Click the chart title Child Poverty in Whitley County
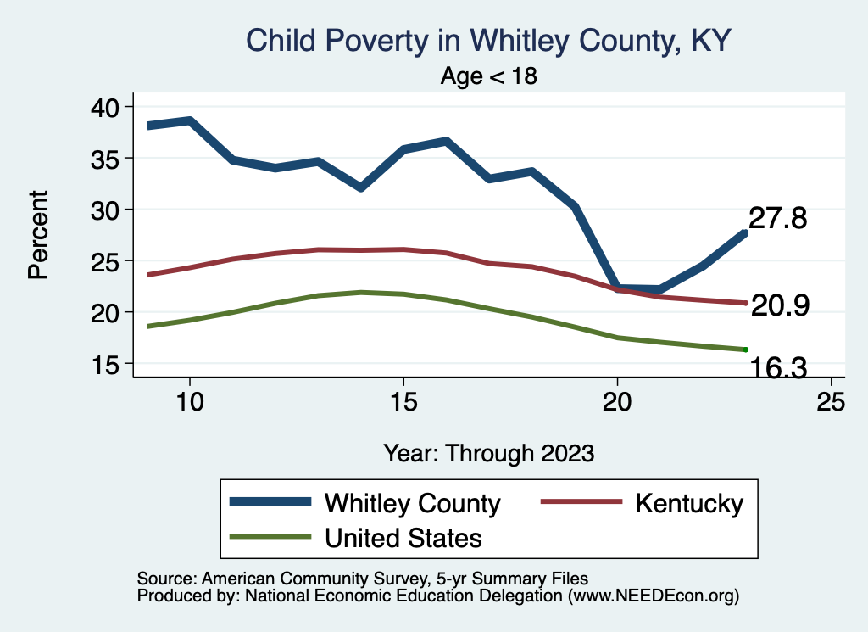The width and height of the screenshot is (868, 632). click(x=487, y=40)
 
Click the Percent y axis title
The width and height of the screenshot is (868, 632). click(x=38, y=235)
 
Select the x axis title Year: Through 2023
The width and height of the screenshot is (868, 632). click(x=488, y=452)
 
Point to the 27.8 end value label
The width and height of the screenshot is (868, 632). click(x=777, y=219)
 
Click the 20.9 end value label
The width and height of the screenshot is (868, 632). click(x=781, y=306)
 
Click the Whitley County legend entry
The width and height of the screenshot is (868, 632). click(x=413, y=503)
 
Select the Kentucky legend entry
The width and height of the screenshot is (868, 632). click(x=689, y=503)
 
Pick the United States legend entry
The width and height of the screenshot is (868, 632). click(x=403, y=537)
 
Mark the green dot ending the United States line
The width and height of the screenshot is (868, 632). click(x=745, y=350)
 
